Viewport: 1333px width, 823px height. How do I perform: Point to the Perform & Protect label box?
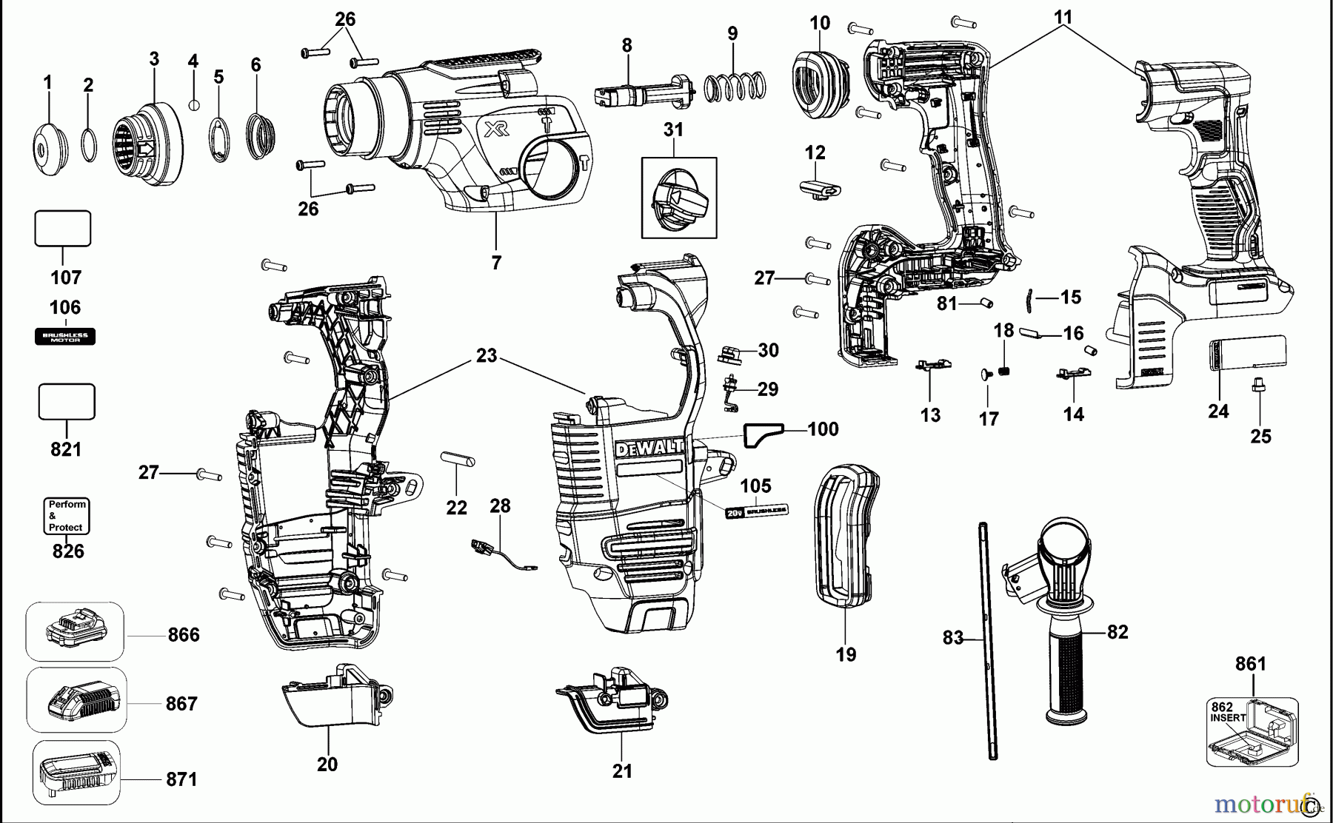click(67, 516)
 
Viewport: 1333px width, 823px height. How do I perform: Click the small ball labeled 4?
click(194, 104)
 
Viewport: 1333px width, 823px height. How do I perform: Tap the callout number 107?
click(65, 278)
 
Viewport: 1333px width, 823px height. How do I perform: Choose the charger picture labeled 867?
click(76, 700)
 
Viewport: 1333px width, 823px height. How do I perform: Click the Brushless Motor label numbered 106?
click(65, 337)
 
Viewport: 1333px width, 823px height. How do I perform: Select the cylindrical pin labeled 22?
click(457, 459)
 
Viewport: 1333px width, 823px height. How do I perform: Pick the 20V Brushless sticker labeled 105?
click(755, 511)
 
